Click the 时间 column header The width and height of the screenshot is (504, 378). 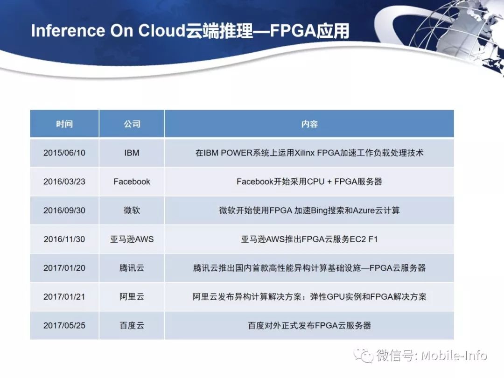[x=64, y=124]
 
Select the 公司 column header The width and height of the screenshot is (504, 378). [x=132, y=124]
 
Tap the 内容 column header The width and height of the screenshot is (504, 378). [x=309, y=124]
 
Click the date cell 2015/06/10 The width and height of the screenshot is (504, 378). [x=64, y=153]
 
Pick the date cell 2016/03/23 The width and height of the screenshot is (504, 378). [x=64, y=182]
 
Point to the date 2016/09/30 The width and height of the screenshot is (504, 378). [x=64, y=210]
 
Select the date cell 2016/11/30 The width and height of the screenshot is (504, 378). [x=64, y=239]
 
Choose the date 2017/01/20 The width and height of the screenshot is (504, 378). [x=64, y=268]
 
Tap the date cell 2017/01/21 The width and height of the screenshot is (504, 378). [x=64, y=297]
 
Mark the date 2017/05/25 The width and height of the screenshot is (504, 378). [x=64, y=326]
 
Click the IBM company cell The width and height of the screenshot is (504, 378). [x=132, y=153]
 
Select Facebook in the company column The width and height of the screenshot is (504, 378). [x=132, y=182]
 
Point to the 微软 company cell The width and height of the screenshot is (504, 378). [x=132, y=210]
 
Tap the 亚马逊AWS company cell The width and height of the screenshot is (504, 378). [x=132, y=239]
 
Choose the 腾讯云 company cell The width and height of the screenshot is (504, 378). [x=132, y=268]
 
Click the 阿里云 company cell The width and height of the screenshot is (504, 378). [x=132, y=297]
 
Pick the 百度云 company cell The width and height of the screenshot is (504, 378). [x=132, y=326]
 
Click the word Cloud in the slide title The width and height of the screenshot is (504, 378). [x=161, y=30]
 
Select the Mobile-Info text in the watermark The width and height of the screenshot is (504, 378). [x=454, y=356]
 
